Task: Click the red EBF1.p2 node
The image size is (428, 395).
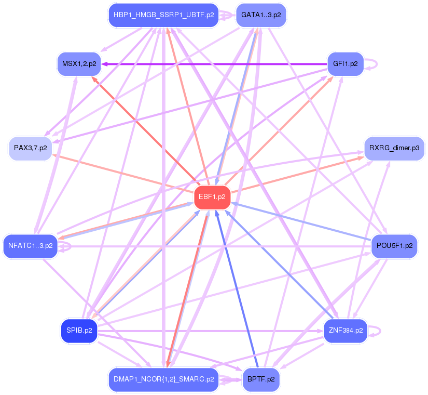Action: click(x=212, y=197)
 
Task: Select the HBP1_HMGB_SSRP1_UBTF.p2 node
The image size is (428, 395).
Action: click(x=163, y=15)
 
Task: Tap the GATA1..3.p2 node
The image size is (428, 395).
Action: click(x=261, y=15)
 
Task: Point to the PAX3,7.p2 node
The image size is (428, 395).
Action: click(x=30, y=148)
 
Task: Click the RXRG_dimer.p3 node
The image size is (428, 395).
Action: click(x=394, y=148)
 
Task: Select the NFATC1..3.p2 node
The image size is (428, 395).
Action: click(x=31, y=246)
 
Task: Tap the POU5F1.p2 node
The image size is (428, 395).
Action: click(x=394, y=246)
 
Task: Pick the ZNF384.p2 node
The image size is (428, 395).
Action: click(x=345, y=330)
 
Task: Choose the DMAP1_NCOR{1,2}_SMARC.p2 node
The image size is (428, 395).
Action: click(x=163, y=379)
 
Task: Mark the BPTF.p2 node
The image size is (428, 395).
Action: click(x=261, y=379)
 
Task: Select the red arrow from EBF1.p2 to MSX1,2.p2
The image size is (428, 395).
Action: click(x=145, y=130)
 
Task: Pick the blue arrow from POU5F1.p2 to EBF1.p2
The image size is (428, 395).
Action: click(x=301, y=221)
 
